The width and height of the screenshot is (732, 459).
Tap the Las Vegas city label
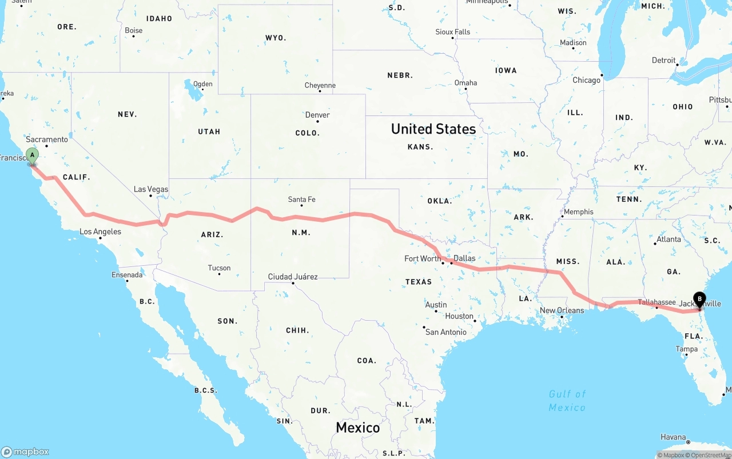pos(151,189)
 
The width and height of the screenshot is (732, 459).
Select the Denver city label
pos(317,115)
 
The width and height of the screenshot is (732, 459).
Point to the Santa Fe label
pos(301,199)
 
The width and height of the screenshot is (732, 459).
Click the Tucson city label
pos(219,268)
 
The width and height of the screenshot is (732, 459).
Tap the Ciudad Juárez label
pos(293,277)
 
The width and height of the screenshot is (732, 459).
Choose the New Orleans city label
pos(562,310)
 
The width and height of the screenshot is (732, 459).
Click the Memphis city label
pos(578,211)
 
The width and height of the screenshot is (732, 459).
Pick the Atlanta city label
pos(669,239)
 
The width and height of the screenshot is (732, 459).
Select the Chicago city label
pos(587,80)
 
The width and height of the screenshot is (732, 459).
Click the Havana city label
pos(673,437)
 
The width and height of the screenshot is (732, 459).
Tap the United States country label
pos(433,129)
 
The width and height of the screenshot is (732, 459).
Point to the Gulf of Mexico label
pos(567,401)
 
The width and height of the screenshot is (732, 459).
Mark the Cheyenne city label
pos(320,86)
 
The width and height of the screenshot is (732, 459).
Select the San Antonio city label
pos(446,332)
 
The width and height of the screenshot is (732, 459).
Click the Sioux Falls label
pos(453,32)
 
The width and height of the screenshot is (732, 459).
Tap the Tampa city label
pos(686,349)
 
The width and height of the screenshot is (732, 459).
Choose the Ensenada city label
pos(127,275)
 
